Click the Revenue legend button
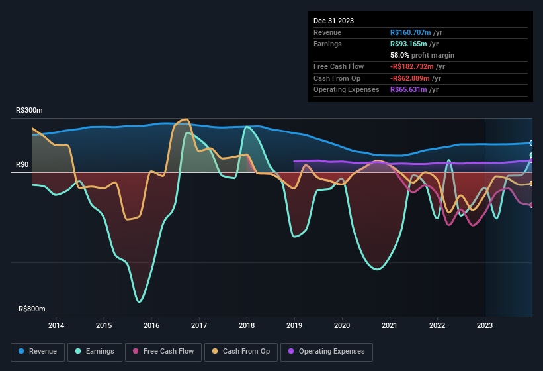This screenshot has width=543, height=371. (x=38, y=351)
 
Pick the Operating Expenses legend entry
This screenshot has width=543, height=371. (x=327, y=351)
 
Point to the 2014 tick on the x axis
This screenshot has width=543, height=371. (x=56, y=325)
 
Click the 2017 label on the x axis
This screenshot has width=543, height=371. (x=199, y=325)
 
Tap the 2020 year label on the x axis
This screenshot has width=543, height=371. (x=342, y=325)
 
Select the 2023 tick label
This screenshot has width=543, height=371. (x=485, y=325)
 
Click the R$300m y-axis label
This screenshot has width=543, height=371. (x=29, y=111)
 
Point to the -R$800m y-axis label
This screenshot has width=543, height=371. (x=30, y=309)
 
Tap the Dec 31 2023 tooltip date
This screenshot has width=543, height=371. (x=333, y=21)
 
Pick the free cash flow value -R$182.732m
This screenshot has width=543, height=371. (x=415, y=67)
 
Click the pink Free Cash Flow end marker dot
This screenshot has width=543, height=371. (x=531, y=205)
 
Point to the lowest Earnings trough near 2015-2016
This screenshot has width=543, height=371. (x=139, y=302)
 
